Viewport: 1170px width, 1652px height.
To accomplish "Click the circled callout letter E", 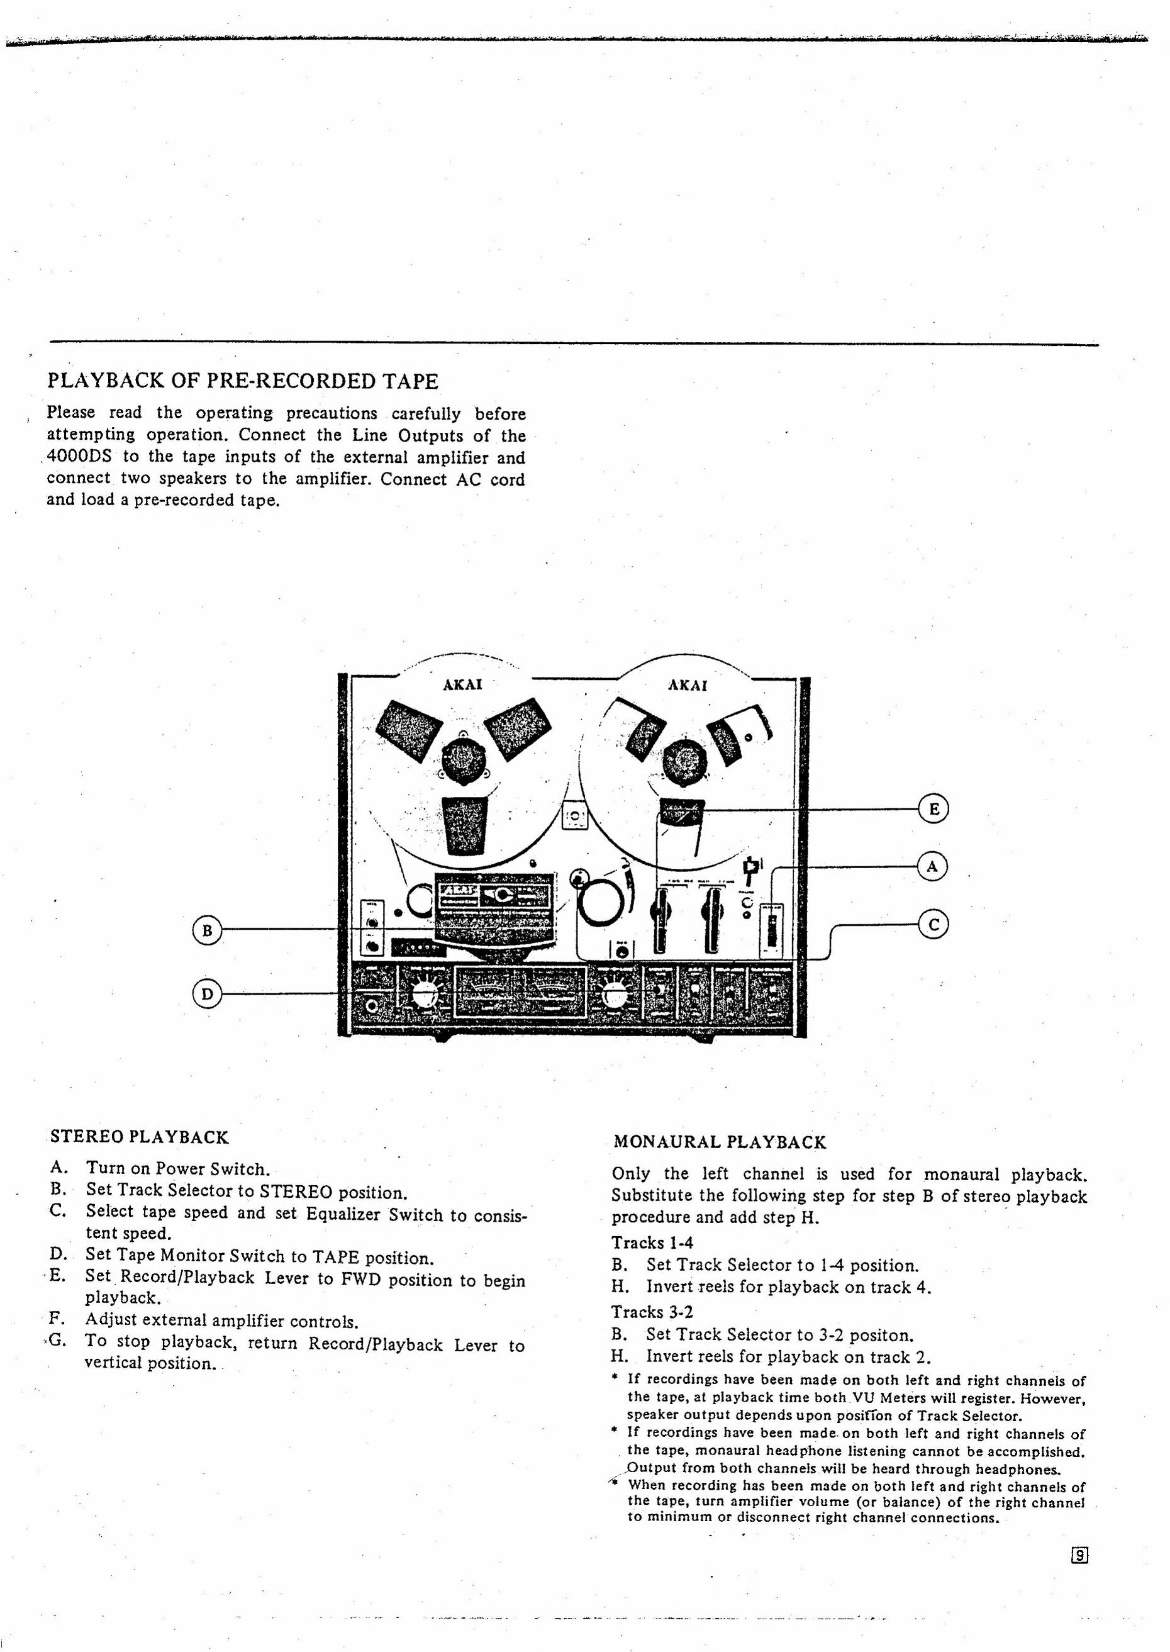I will tap(933, 808).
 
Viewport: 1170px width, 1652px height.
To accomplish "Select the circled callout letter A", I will tap(933, 866).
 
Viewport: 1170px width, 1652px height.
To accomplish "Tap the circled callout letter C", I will tap(933, 924).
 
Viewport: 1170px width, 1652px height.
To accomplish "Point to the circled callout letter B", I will tap(208, 930).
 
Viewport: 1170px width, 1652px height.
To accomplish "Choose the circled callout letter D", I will tap(208, 994).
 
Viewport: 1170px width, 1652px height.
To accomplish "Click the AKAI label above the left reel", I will tap(462, 684).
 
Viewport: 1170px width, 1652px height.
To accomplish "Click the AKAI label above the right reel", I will tap(688, 684).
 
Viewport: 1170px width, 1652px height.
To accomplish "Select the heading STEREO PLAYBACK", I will tap(140, 1137).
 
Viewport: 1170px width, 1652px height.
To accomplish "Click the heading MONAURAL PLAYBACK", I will tap(719, 1142).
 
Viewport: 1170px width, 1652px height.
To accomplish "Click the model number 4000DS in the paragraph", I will tap(79, 457).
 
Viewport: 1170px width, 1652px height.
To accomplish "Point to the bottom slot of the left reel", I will tap(465, 825).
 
